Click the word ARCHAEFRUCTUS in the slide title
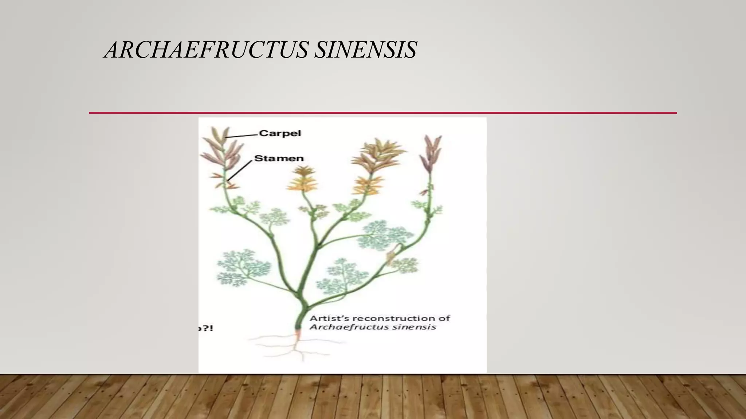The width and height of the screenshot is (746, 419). pos(207,50)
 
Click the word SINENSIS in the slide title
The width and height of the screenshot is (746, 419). pos(365,50)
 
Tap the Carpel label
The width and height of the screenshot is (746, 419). pos(280,133)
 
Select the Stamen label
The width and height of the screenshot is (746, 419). pos(279,158)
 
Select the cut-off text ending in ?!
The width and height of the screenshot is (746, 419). pos(205,328)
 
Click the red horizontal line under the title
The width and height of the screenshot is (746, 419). pos(382,113)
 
